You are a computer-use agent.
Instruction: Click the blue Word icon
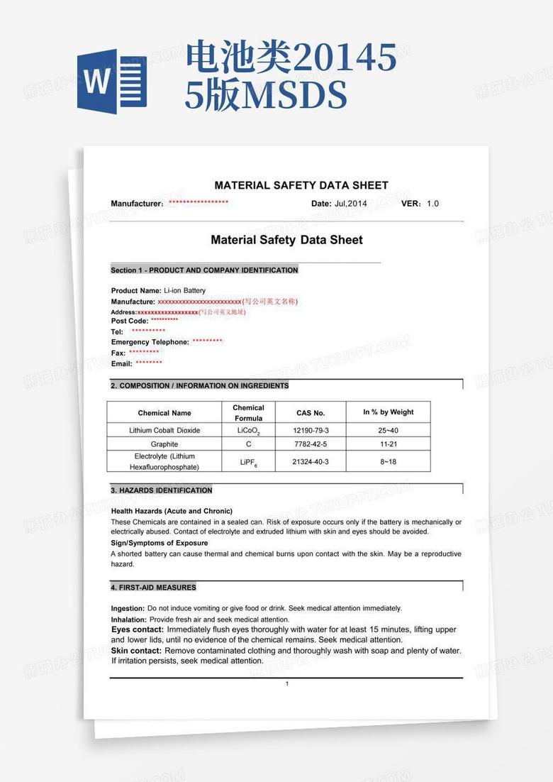(x=112, y=82)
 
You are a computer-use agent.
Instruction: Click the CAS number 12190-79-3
(x=311, y=431)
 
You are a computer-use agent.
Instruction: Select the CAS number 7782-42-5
(x=311, y=444)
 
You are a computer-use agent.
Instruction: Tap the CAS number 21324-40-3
(x=311, y=461)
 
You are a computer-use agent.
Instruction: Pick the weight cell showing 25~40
(x=388, y=431)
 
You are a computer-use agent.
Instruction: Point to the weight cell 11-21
(x=388, y=444)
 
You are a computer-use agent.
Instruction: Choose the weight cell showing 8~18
(x=388, y=461)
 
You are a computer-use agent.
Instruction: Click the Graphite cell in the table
(x=164, y=444)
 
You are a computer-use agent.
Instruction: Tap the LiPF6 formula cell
(x=248, y=462)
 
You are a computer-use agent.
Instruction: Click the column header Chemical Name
(x=164, y=413)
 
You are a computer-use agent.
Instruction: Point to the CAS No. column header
(x=311, y=413)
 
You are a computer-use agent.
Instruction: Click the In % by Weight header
(x=388, y=412)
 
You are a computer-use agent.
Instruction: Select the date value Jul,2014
(x=351, y=204)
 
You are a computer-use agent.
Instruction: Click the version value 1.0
(x=432, y=204)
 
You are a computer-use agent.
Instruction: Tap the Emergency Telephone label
(x=150, y=342)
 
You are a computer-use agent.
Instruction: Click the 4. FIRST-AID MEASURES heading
(x=153, y=588)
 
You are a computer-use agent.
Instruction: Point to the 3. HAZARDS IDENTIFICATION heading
(x=162, y=490)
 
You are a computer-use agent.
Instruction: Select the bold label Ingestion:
(x=128, y=608)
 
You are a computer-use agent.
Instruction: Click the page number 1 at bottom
(x=286, y=684)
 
